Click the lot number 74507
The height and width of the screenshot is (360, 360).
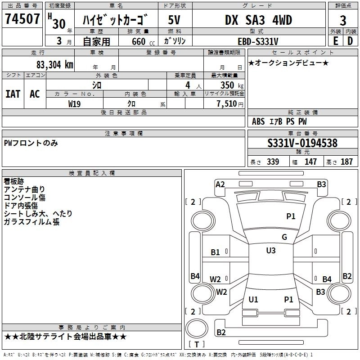(22, 20)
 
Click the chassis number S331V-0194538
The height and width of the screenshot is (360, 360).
(302, 144)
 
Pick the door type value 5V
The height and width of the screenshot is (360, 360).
(175, 20)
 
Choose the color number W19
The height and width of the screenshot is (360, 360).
(75, 103)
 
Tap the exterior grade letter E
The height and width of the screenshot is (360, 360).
(335, 41)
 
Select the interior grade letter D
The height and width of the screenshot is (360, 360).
(350, 41)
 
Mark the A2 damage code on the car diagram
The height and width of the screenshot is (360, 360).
(220, 184)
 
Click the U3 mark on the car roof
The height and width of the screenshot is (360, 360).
(271, 251)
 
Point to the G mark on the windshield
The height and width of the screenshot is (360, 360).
(284, 237)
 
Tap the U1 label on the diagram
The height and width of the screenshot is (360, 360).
(253, 299)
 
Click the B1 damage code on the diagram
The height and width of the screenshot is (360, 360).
(216, 252)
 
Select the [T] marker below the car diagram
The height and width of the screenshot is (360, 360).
(196, 345)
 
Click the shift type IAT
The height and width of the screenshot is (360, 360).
(13, 94)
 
